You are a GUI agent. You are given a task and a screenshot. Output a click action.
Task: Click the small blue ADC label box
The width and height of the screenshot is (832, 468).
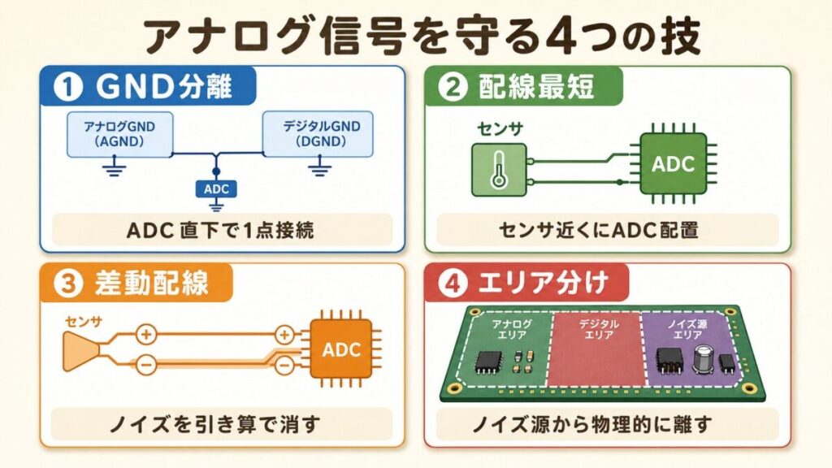(x=217, y=189)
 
